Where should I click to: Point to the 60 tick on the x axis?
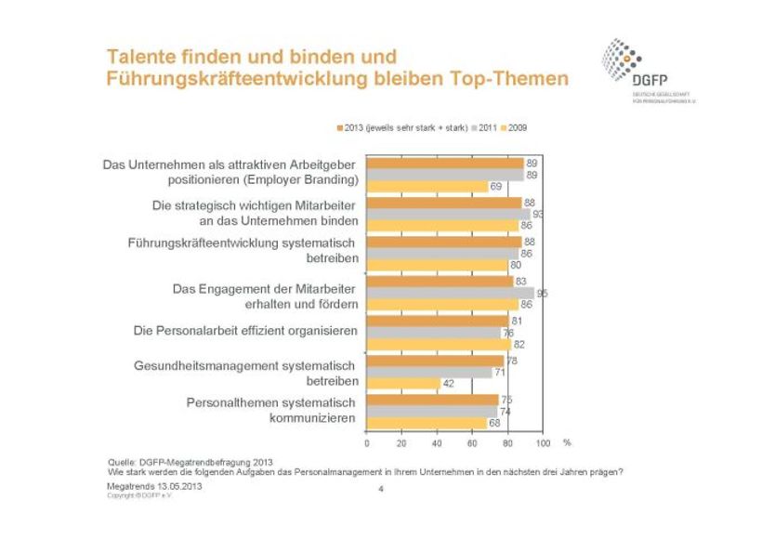click(473, 442)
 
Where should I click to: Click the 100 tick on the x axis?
click(544, 442)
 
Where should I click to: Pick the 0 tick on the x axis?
click(367, 442)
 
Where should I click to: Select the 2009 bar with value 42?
click(403, 384)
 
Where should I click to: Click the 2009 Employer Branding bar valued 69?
click(427, 187)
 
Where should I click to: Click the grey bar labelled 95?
click(451, 293)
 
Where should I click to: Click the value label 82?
click(519, 345)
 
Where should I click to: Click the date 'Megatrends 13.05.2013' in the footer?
click(154, 486)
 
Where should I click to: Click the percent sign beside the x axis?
click(567, 442)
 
